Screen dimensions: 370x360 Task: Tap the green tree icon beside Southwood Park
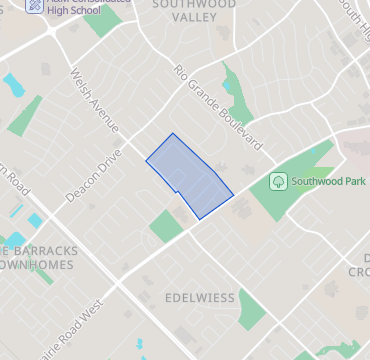click(x=279, y=182)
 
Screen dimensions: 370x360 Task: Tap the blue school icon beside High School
click(x=34, y=5)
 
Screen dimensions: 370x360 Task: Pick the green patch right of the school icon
click(x=100, y=24)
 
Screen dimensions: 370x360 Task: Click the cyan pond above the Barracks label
click(x=37, y=220)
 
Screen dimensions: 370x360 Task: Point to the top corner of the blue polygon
click(x=172, y=134)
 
